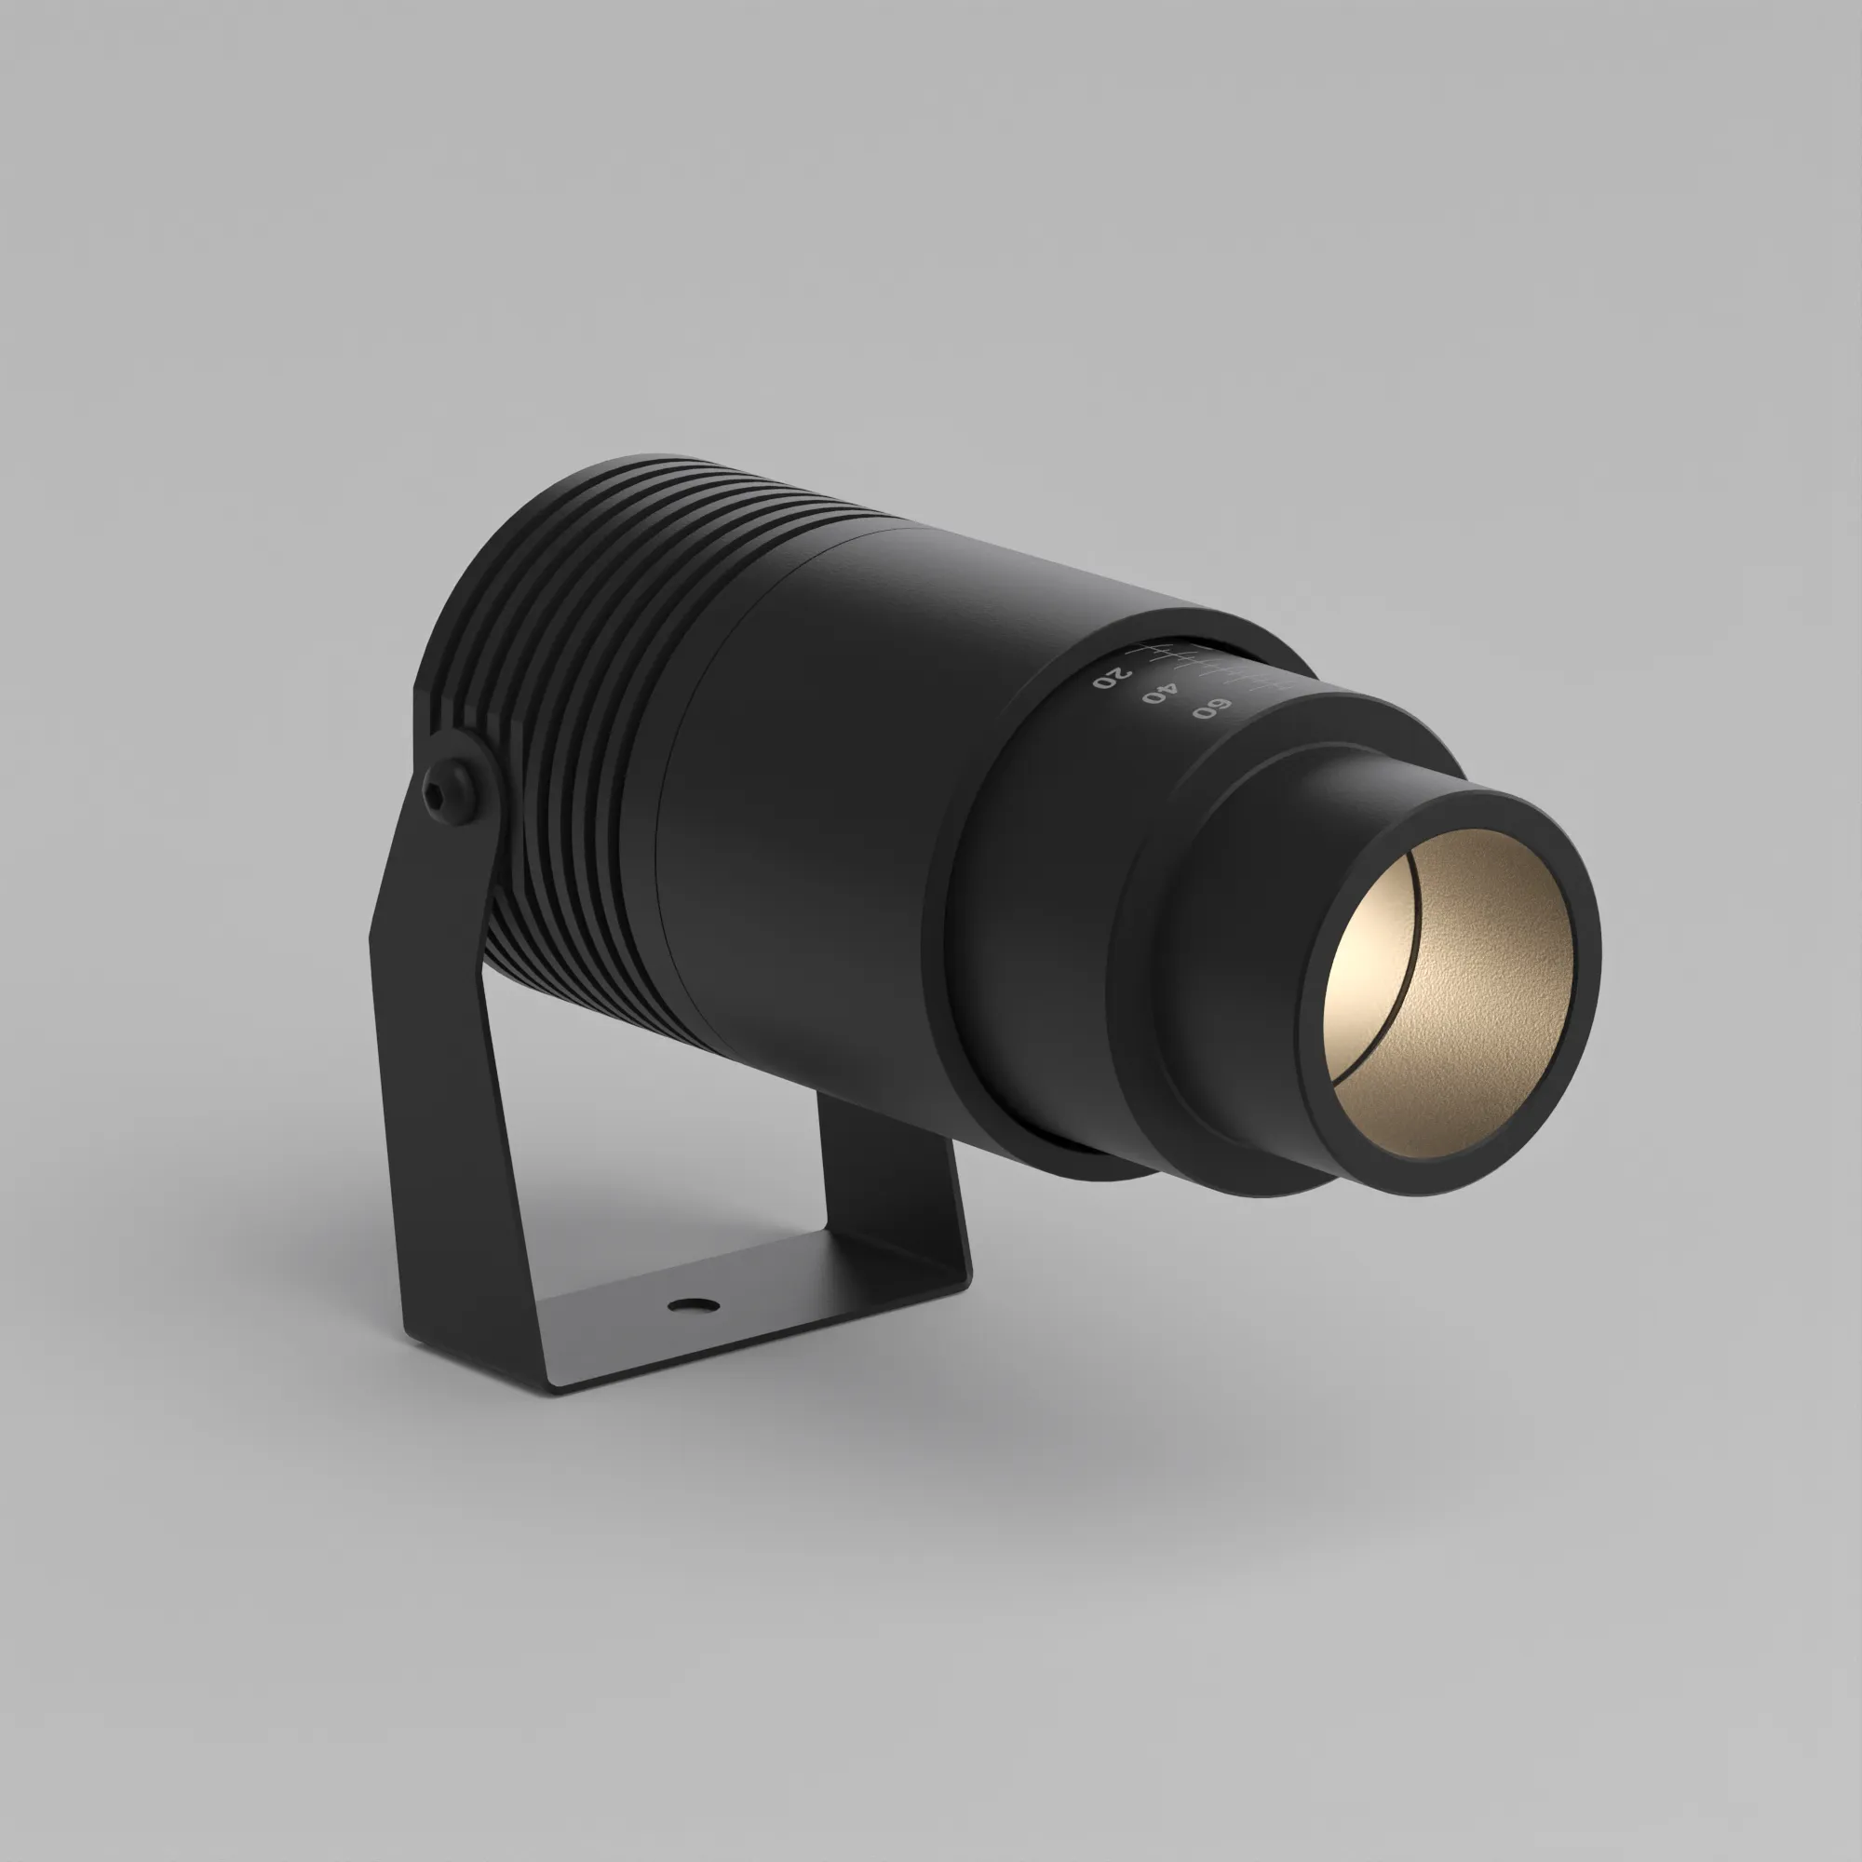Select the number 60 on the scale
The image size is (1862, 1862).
pos(1211,708)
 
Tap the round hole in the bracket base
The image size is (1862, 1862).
pos(694,1306)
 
